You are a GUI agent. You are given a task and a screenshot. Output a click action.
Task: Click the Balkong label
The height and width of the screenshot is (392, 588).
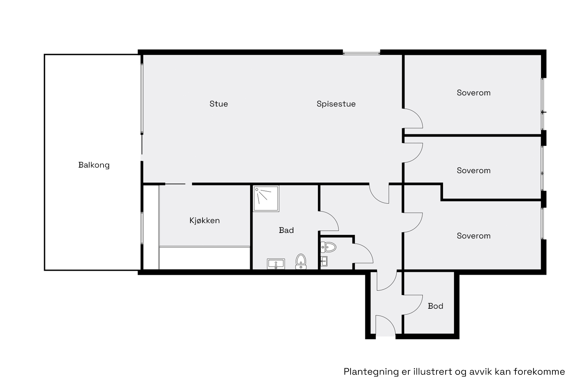click(94, 165)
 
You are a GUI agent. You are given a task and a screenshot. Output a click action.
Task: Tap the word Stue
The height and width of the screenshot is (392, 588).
click(219, 104)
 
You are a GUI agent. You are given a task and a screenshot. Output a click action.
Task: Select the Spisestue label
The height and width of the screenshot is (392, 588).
click(336, 104)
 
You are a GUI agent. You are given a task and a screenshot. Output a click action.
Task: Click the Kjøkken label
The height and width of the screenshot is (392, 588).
click(204, 220)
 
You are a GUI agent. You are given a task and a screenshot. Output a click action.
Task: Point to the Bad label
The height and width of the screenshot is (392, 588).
click(286, 230)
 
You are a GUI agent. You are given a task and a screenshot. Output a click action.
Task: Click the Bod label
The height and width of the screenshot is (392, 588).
click(435, 306)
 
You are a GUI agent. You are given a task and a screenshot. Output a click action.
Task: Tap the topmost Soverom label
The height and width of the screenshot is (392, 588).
click(474, 93)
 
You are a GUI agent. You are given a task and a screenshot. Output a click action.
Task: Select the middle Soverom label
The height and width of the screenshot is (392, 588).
click(474, 171)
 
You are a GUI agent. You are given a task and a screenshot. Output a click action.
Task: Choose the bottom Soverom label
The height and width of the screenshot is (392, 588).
click(474, 236)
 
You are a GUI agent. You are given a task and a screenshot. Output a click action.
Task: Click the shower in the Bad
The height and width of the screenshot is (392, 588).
click(266, 199)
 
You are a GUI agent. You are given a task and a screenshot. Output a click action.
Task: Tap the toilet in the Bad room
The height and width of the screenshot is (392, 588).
click(301, 262)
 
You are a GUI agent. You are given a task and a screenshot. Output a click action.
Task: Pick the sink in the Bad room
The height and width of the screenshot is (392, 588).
click(276, 264)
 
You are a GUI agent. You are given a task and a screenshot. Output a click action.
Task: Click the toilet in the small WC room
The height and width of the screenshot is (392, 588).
click(328, 247)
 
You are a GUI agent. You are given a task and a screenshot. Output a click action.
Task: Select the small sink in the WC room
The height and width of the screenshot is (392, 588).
click(324, 261)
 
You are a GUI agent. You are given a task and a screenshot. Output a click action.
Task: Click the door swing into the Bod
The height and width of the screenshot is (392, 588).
click(413, 305)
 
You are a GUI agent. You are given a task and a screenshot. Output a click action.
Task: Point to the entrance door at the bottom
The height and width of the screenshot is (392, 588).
click(386, 325)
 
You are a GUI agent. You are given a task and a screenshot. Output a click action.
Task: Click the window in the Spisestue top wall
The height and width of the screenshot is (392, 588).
click(361, 52)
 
